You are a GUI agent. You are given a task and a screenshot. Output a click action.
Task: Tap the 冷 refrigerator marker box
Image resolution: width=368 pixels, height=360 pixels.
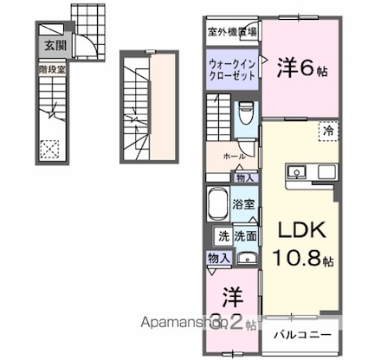[x=329, y=130]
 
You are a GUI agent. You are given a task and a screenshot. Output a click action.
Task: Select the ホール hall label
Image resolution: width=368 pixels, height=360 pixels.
[x=233, y=157]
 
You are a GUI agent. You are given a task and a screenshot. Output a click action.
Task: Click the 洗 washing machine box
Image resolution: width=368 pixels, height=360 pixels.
[x=222, y=235]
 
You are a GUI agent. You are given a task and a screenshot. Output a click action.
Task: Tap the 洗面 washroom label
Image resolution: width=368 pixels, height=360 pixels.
[x=245, y=235]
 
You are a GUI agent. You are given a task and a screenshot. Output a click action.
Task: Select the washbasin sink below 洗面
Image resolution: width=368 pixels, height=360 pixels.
[x=246, y=256]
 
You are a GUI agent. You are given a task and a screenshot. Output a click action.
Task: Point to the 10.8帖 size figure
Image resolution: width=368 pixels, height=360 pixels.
[x=300, y=259]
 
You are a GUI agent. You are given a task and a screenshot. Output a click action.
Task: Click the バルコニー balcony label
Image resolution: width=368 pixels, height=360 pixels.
[x=303, y=332]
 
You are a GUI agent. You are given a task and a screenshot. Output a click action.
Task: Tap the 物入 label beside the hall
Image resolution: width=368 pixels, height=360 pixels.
[x=245, y=178]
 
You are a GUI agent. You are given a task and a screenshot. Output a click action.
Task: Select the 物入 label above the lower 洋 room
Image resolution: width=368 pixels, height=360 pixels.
[x=218, y=257]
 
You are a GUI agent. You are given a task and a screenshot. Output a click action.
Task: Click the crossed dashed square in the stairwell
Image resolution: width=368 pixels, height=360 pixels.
[x=50, y=148]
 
